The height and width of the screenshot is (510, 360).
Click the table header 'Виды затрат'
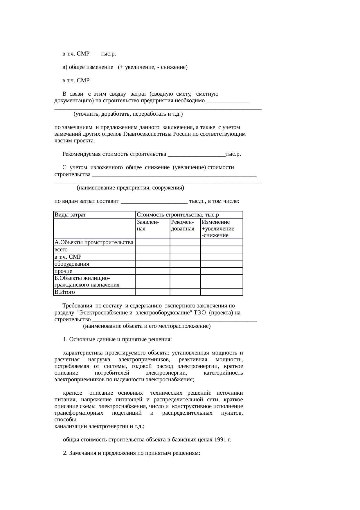(x=70, y=215)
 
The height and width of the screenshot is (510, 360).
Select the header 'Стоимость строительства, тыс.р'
(x=177, y=215)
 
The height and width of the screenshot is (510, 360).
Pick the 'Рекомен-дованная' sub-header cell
(x=183, y=226)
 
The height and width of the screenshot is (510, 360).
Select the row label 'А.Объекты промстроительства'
(x=94, y=242)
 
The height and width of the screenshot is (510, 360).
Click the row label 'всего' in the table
(x=61, y=250)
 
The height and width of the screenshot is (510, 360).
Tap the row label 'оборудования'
(x=72, y=264)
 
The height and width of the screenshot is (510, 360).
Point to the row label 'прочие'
(x=63, y=271)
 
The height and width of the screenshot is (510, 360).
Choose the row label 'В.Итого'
(x=64, y=292)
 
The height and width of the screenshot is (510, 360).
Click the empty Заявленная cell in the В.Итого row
(x=153, y=292)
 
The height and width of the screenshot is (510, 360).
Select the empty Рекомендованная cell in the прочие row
(x=185, y=271)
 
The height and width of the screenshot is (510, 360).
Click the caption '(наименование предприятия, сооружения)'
(x=130, y=188)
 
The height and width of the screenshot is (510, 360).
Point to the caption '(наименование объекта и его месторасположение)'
(x=147, y=326)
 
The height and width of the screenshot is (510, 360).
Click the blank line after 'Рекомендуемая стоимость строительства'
(x=197, y=155)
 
